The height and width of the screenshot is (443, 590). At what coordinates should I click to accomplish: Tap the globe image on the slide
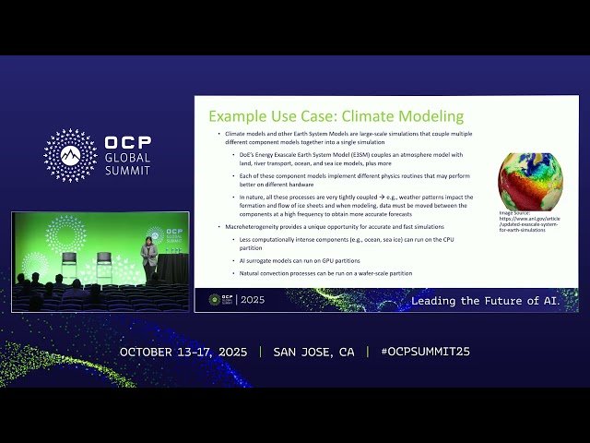(x=530, y=180)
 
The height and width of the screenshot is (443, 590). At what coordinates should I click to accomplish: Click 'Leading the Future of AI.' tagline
(x=485, y=301)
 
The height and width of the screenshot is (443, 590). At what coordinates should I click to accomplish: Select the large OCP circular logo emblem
(x=70, y=155)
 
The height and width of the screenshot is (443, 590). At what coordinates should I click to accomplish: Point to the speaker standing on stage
(x=148, y=259)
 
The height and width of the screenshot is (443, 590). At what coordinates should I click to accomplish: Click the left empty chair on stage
(x=70, y=268)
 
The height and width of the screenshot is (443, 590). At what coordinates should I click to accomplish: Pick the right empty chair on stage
(x=104, y=268)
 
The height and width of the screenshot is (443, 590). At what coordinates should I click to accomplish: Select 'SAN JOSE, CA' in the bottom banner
(x=313, y=353)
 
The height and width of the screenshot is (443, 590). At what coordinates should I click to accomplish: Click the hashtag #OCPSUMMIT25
(x=418, y=353)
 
